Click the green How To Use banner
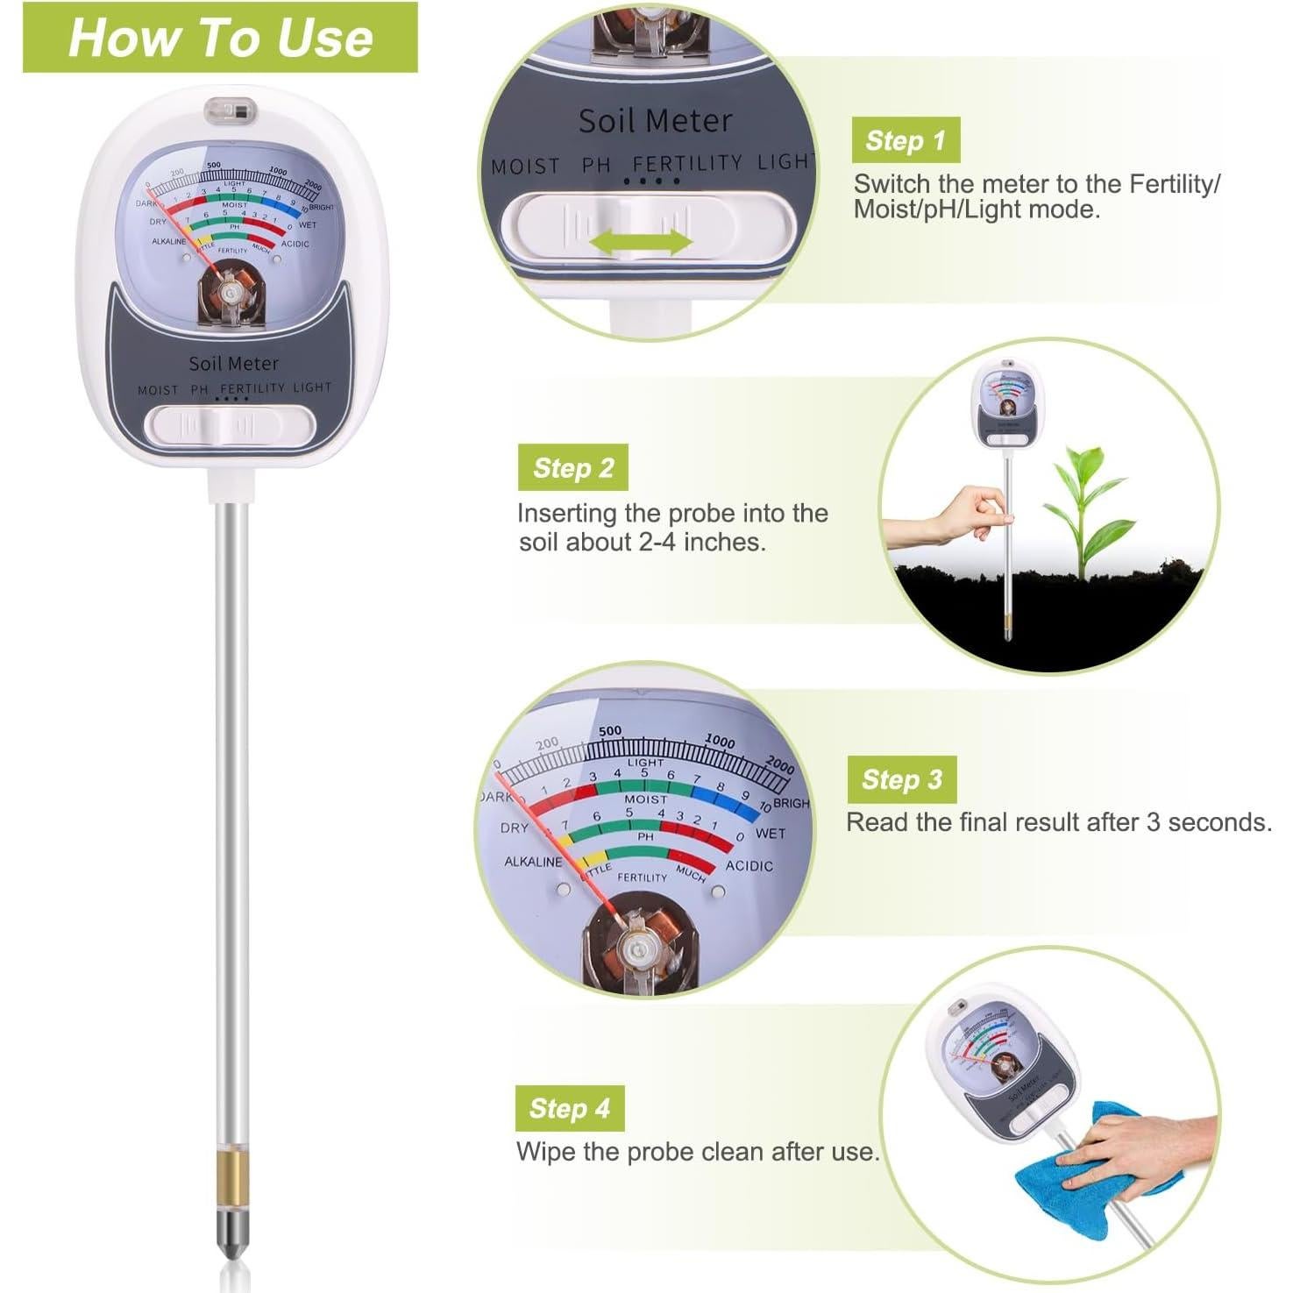[x=219, y=38]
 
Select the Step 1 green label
[x=905, y=140]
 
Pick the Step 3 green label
[x=901, y=779]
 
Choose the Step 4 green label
[x=569, y=1108]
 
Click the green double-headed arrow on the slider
[x=641, y=243]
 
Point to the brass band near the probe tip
[x=232, y=1181]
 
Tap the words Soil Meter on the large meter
[x=233, y=363]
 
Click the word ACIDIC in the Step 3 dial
[x=749, y=866]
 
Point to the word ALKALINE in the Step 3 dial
[x=532, y=862]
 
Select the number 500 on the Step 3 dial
[x=610, y=731]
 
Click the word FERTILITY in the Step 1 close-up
[x=686, y=163]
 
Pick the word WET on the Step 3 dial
[x=770, y=833]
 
